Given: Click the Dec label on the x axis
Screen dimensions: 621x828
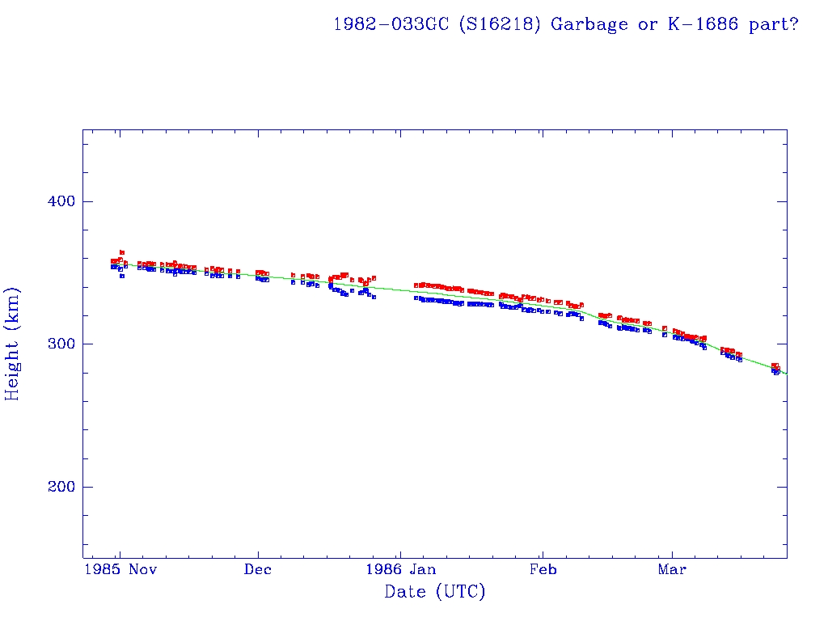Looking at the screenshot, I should point(258,570).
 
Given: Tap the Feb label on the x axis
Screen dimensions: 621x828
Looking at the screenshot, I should point(543,570).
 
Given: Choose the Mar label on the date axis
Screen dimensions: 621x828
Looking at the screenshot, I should point(672,570).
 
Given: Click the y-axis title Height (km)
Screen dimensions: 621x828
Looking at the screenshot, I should point(13,344).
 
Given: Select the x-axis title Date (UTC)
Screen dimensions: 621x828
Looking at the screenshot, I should point(435,593).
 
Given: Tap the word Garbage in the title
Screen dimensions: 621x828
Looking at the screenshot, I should point(589,24).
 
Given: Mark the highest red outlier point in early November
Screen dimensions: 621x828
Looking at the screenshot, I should point(122,252).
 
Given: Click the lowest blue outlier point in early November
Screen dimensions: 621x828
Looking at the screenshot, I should point(122,276).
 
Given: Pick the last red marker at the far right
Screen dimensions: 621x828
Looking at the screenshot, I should point(777,366).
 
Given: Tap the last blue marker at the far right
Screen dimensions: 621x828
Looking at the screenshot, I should point(776,372).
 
